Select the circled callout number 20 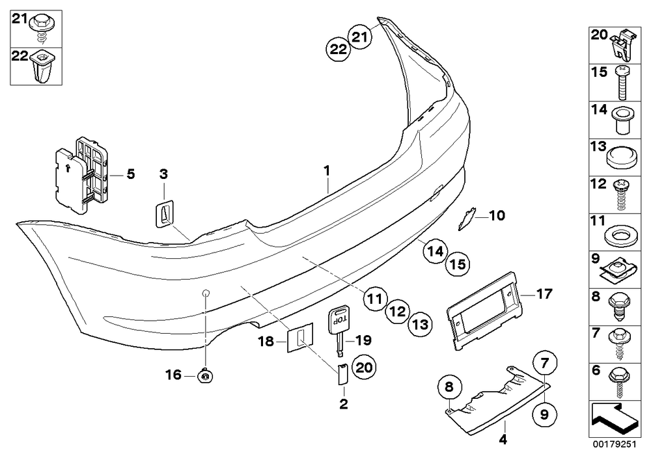click(364, 367)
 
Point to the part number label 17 click(544, 294)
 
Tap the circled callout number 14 click(435, 251)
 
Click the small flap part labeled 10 click(466, 219)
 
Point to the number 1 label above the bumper click(327, 170)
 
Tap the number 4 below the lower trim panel click(503, 439)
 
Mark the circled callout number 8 click(449, 387)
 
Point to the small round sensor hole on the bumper click(206, 293)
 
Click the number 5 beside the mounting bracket click(131, 174)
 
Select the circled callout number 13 click(420, 324)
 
